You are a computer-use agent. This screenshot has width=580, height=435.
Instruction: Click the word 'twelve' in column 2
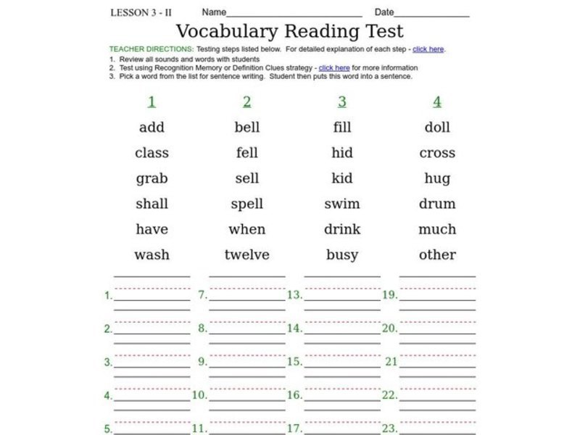pos(246,254)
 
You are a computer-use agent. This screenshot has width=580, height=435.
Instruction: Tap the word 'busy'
pos(341,254)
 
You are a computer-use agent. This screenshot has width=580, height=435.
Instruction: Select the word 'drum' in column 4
pos(437,204)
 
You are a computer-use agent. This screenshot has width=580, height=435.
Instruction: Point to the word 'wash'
pos(152,254)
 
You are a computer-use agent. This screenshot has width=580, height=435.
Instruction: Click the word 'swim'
pos(341,204)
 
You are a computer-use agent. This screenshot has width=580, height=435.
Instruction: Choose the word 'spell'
pos(246,204)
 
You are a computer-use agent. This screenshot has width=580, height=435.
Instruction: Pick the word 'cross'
pos(437,153)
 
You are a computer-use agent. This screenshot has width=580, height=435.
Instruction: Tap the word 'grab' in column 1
pos(152,178)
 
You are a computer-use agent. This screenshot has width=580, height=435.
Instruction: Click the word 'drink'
pos(341,229)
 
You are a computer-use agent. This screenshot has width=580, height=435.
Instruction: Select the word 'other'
pos(437,254)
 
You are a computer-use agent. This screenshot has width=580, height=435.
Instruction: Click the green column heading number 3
pos(341,101)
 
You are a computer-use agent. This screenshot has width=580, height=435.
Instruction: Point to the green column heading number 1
pos(152,101)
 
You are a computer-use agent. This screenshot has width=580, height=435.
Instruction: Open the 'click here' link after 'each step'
pos(428,49)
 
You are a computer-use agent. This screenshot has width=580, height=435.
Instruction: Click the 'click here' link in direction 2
pos(334,67)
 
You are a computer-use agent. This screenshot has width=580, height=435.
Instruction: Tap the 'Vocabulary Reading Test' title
pos(290,31)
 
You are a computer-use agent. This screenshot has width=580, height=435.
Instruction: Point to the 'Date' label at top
pos(384,12)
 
